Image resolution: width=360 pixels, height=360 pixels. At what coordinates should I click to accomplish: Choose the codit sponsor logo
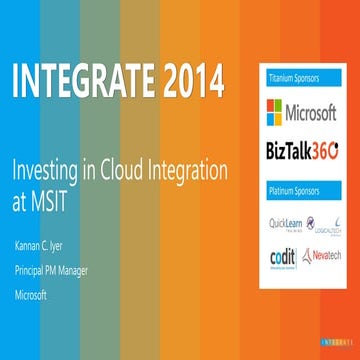[282, 256]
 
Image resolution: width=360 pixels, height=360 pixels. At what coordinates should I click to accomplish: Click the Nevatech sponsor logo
[324, 256]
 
